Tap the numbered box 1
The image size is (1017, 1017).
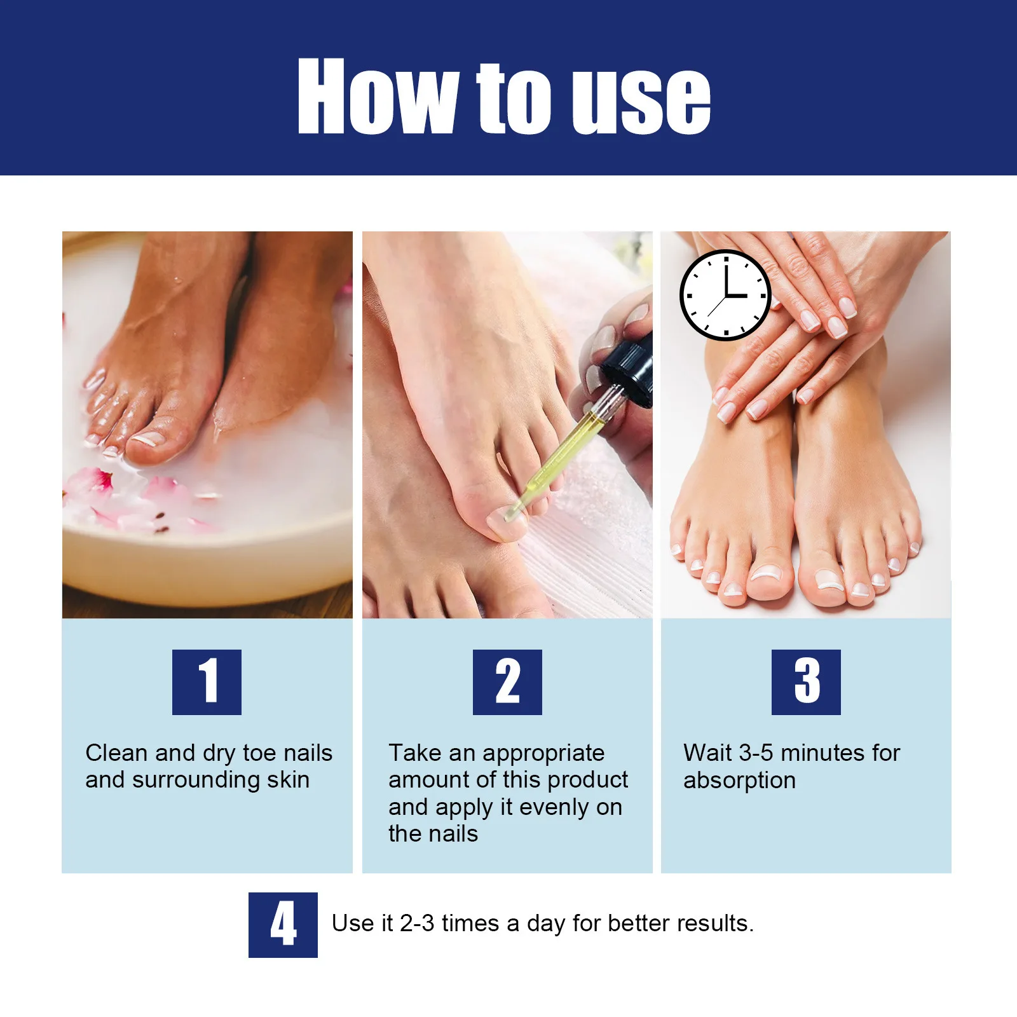207,682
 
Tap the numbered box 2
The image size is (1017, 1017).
507,682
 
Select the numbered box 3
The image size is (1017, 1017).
806,682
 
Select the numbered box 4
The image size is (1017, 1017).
283,924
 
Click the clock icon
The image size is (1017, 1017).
725,295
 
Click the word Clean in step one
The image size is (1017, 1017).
116,753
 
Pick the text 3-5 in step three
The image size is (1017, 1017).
756,753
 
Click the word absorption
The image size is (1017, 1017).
739,781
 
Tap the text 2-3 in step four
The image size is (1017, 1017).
417,923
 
